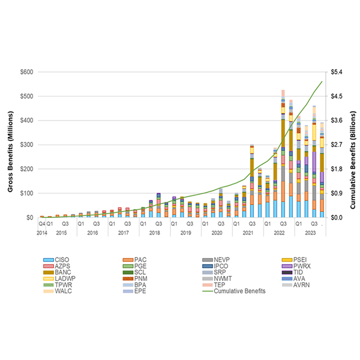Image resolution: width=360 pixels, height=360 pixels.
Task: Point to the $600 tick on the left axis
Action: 26,72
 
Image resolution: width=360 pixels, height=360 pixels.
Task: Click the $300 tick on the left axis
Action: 26,145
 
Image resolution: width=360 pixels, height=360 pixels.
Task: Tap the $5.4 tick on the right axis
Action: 336,72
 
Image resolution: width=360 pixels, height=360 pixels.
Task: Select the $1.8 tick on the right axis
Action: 336,169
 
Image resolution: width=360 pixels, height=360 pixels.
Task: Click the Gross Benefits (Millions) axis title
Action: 11,145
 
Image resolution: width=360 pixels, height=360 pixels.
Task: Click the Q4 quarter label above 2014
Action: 42,224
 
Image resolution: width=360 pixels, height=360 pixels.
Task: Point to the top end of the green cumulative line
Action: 322,81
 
